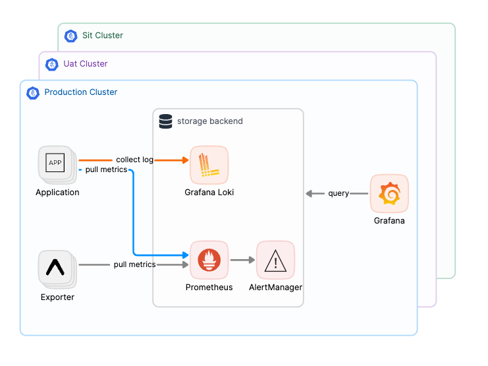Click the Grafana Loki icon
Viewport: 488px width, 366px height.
click(x=209, y=165)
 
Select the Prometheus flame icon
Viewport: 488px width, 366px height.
click(x=209, y=260)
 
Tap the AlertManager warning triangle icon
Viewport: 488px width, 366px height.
click(x=275, y=260)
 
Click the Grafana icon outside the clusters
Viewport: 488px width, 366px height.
click(x=389, y=193)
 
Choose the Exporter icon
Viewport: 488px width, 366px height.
click(x=56, y=267)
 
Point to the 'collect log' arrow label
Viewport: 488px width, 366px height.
click(x=134, y=160)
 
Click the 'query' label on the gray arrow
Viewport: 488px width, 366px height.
click(x=339, y=193)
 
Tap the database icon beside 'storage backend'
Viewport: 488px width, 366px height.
click(x=165, y=121)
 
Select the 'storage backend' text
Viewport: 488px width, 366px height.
click(x=209, y=121)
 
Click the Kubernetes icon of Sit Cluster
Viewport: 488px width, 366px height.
click(x=70, y=36)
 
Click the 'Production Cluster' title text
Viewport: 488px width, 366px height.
click(x=81, y=92)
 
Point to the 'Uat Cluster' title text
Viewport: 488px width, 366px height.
click(x=86, y=64)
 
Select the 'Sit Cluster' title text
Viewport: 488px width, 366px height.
click(x=103, y=36)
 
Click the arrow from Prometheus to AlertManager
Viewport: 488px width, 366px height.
click(x=242, y=260)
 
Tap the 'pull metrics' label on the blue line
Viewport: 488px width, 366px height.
click(x=106, y=170)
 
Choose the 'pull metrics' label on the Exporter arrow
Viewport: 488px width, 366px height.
click(x=134, y=264)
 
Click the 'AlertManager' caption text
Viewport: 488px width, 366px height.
click(x=275, y=288)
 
